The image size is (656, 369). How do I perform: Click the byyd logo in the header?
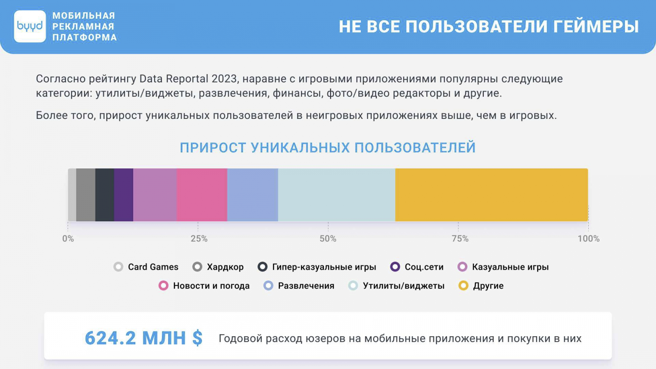(x=30, y=26)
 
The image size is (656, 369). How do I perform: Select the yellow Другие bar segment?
(x=492, y=195)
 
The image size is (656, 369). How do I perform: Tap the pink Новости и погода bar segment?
(x=202, y=195)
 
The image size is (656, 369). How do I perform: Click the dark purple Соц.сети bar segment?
(x=123, y=195)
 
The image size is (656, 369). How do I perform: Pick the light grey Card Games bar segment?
(x=72, y=195)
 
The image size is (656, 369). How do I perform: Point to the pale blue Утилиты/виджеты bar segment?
(x=337, y=195)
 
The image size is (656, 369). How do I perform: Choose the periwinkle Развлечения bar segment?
(x=253, y=195)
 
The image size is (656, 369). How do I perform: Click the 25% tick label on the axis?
(x=199, y=239)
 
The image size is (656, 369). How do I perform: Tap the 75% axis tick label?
(x=460, y=239)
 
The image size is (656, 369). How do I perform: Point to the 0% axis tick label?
(x=68, y=239)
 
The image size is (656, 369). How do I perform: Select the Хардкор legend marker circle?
(x=197, y=267)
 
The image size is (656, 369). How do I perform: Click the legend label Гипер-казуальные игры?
(x=324, y=267)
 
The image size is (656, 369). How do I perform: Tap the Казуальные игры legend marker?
(x=462, y=267)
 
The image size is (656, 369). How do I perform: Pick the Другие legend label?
(x=488, y=286)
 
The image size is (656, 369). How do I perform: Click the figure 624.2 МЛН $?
(x=143, y=338)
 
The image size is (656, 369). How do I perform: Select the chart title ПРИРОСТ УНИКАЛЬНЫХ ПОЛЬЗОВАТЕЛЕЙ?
(x=328, y=148)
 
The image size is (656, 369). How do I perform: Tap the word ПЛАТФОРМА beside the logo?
(x=84, y=37)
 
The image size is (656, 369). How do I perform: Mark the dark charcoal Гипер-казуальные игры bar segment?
(x=105, y=195)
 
